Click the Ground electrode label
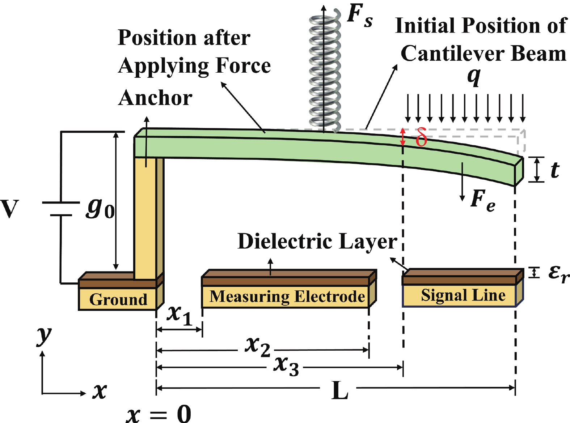(118, 299)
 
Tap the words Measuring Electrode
(287, 296)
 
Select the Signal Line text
(463, 295)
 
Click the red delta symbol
(421, 137)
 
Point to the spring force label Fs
(359, 16)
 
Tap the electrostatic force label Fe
(483, 201)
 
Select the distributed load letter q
(474, 77)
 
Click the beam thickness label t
(555, 170)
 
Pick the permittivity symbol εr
(558, 273)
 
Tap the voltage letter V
(10, 209)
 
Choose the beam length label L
(340, 390)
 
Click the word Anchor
(155, 98)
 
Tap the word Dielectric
(286, 241)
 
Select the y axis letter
(44, 335)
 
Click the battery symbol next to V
(61, 209)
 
